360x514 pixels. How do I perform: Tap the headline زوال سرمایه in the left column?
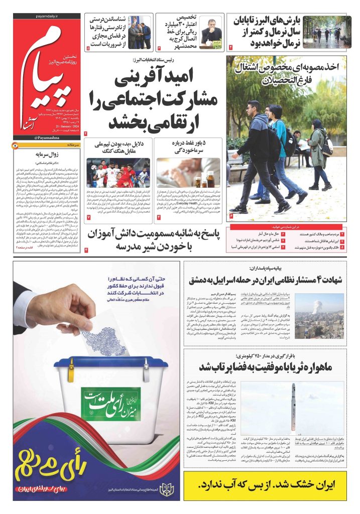coord(47,155)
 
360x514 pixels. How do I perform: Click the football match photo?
coord(118,173)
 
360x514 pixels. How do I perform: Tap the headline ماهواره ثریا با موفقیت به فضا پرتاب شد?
coord(272,365)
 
